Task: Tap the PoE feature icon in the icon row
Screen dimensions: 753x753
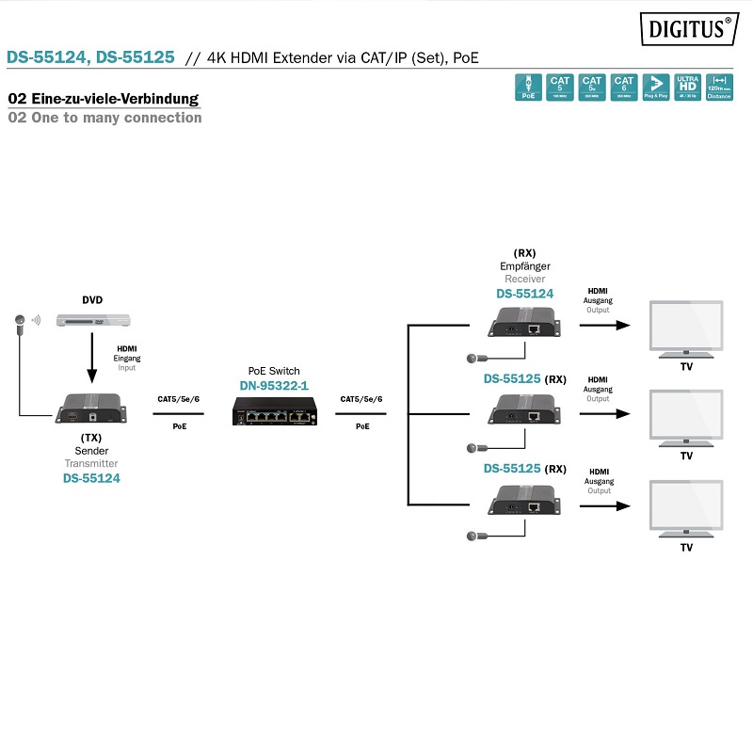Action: coord(528,88)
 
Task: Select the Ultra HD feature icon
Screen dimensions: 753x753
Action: coord(687,88)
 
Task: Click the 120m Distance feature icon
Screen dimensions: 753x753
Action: coord(719,88)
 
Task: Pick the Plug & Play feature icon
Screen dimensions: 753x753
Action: coord(655,88)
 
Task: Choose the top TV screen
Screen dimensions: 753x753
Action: coord(686,327)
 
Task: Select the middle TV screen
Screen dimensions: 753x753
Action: coord(686,415)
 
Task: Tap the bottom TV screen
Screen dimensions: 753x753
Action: coord(686,506)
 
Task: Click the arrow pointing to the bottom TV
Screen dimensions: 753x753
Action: coord(603,505)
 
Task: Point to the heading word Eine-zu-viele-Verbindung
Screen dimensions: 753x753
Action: coord(111,99)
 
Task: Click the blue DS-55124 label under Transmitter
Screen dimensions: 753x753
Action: coord(91,478)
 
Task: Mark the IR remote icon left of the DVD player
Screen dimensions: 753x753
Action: coord(17,322)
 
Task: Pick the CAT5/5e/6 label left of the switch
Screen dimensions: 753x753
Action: coord(178,399)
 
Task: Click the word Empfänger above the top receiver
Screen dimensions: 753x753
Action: coord(525,266)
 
